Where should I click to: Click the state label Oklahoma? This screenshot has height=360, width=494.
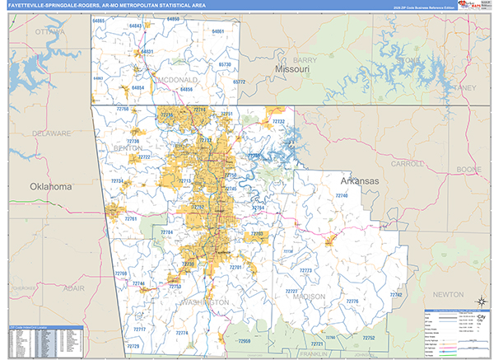pyautogui.click(x=51, y=187)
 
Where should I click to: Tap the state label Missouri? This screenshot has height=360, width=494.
pyautogui.click(x=291, y=71)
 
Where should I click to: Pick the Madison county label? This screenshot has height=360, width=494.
pyautogui.click(x=308, y=297)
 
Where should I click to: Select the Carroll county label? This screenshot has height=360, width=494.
pyautogui.click(x=408, y=164)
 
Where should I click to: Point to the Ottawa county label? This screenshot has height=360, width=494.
pyautogui.click(x=49, y=32)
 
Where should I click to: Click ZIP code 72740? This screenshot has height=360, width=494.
pyautogui.click(x=342, y=195)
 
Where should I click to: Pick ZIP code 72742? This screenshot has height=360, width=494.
pyautogui.click(x=396, y=294)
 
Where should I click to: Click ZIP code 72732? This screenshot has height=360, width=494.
pyautogui.click(x=278, y=122)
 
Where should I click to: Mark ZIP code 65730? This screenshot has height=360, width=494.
pyautogui.click(x=226, y=63)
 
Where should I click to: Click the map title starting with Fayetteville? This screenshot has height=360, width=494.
pyautogui.click(x=105, y=6)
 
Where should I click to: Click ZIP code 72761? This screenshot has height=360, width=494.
pyautogui.click(x=131, y=219)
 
